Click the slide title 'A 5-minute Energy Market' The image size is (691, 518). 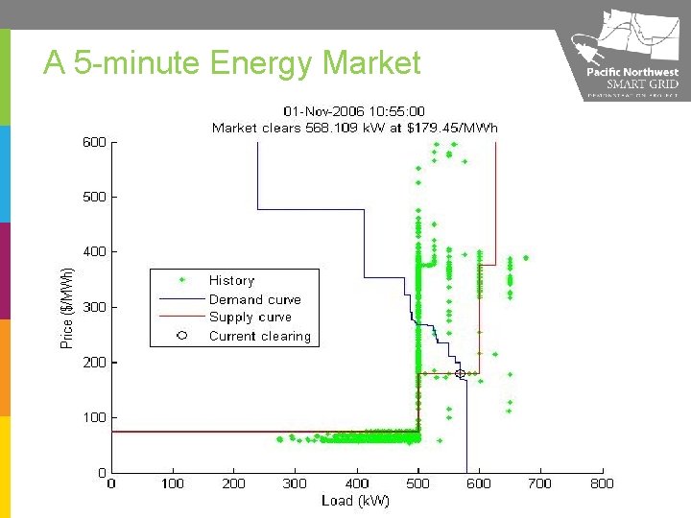(x=232, y=63)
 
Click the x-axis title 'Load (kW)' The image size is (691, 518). (x=356, y=501)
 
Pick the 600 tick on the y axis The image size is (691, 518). (x=93, y=142)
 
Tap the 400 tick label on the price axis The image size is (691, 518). (x=93, y=252)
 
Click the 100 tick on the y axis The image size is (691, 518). (x=93, y=418)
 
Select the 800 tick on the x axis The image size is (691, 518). (x=602, y=484)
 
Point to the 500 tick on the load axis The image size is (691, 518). (x=417, y=484)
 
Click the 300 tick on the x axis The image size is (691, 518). (x=295, y=484)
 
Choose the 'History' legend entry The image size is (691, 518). (x=231, y=281)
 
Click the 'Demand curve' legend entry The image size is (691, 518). (x=254, y=299)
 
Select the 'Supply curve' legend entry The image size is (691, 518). (x=250, y=318)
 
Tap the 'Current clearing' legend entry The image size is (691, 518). (x=259, y=337)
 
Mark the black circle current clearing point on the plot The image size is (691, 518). (x=460, y=373)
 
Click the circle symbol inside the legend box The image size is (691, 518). (x=181, y=336)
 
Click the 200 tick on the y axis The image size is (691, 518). (x=93, y=363)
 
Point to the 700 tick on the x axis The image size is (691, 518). (x=540, y=484)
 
